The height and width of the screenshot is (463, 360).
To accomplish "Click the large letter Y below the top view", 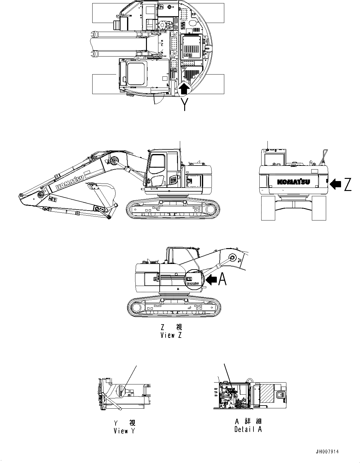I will (x=185, y=105).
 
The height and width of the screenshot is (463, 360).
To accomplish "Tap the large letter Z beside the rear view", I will (x=348, y=185).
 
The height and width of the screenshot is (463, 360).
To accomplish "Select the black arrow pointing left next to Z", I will (x=335, y=184).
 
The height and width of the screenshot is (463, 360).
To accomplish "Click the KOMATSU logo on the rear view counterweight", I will (x=294, y=182).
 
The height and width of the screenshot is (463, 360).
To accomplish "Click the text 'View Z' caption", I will (x=171, y=335).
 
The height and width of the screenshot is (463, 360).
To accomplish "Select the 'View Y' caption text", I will (x=125, y=431).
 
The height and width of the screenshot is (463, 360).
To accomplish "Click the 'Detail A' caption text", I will (x=248, y=429).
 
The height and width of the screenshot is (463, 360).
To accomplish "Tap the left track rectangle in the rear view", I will (x=268, y=208).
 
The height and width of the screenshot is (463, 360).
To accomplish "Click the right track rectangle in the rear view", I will (x=319, y=208).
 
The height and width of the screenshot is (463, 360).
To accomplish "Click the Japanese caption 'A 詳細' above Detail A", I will (x=248, y=421).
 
